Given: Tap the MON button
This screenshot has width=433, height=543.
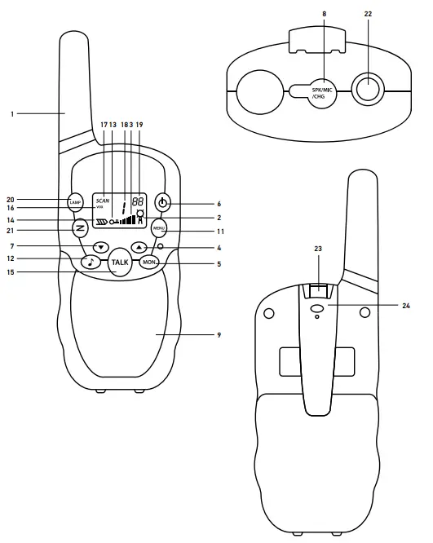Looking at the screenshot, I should [x=149, y=262].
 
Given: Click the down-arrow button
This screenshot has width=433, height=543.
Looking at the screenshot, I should [x=100, y=246].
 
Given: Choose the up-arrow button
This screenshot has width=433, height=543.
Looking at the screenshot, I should [x=139, y=246].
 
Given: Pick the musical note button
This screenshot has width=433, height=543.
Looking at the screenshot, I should [x=91, y=262].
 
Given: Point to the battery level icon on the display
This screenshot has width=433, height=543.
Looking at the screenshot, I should [x=101, y=221].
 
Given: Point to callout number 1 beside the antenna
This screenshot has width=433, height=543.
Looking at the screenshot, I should [x=12, y=114].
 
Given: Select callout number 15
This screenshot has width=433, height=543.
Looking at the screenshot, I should [x=12, y=271].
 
